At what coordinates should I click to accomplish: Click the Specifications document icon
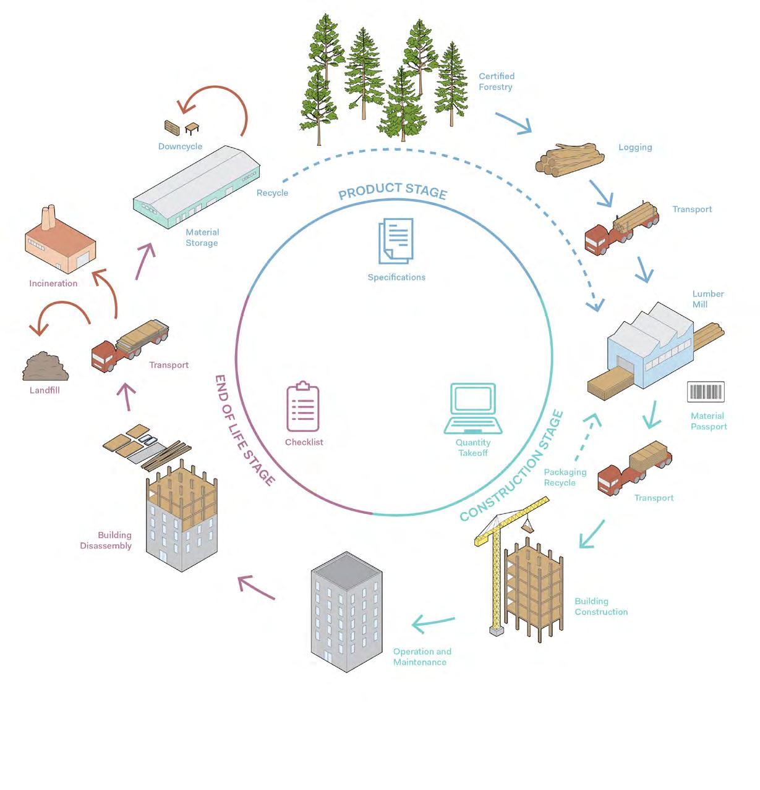click(396, 240)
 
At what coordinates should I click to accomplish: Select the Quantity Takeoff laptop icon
click(473, 408)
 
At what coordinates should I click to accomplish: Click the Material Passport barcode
click(706, 392)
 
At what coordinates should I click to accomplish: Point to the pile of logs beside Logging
click(569, 158)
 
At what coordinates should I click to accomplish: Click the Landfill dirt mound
click(45, 367)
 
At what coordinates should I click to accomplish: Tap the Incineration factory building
click(59, 243)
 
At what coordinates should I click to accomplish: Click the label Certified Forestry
click(496, 82)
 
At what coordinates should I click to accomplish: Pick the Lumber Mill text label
click(707, 299)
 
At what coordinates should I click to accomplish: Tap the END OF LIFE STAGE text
click(244, 429)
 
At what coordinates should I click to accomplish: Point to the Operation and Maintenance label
click(422, 657)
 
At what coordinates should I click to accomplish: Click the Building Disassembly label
click(106, 540)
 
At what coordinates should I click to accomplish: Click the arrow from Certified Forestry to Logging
click(514, 123)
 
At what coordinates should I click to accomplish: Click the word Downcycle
click(180, 146)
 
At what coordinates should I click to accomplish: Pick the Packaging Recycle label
click(565, 477)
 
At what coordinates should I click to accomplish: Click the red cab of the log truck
click(598, 240)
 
